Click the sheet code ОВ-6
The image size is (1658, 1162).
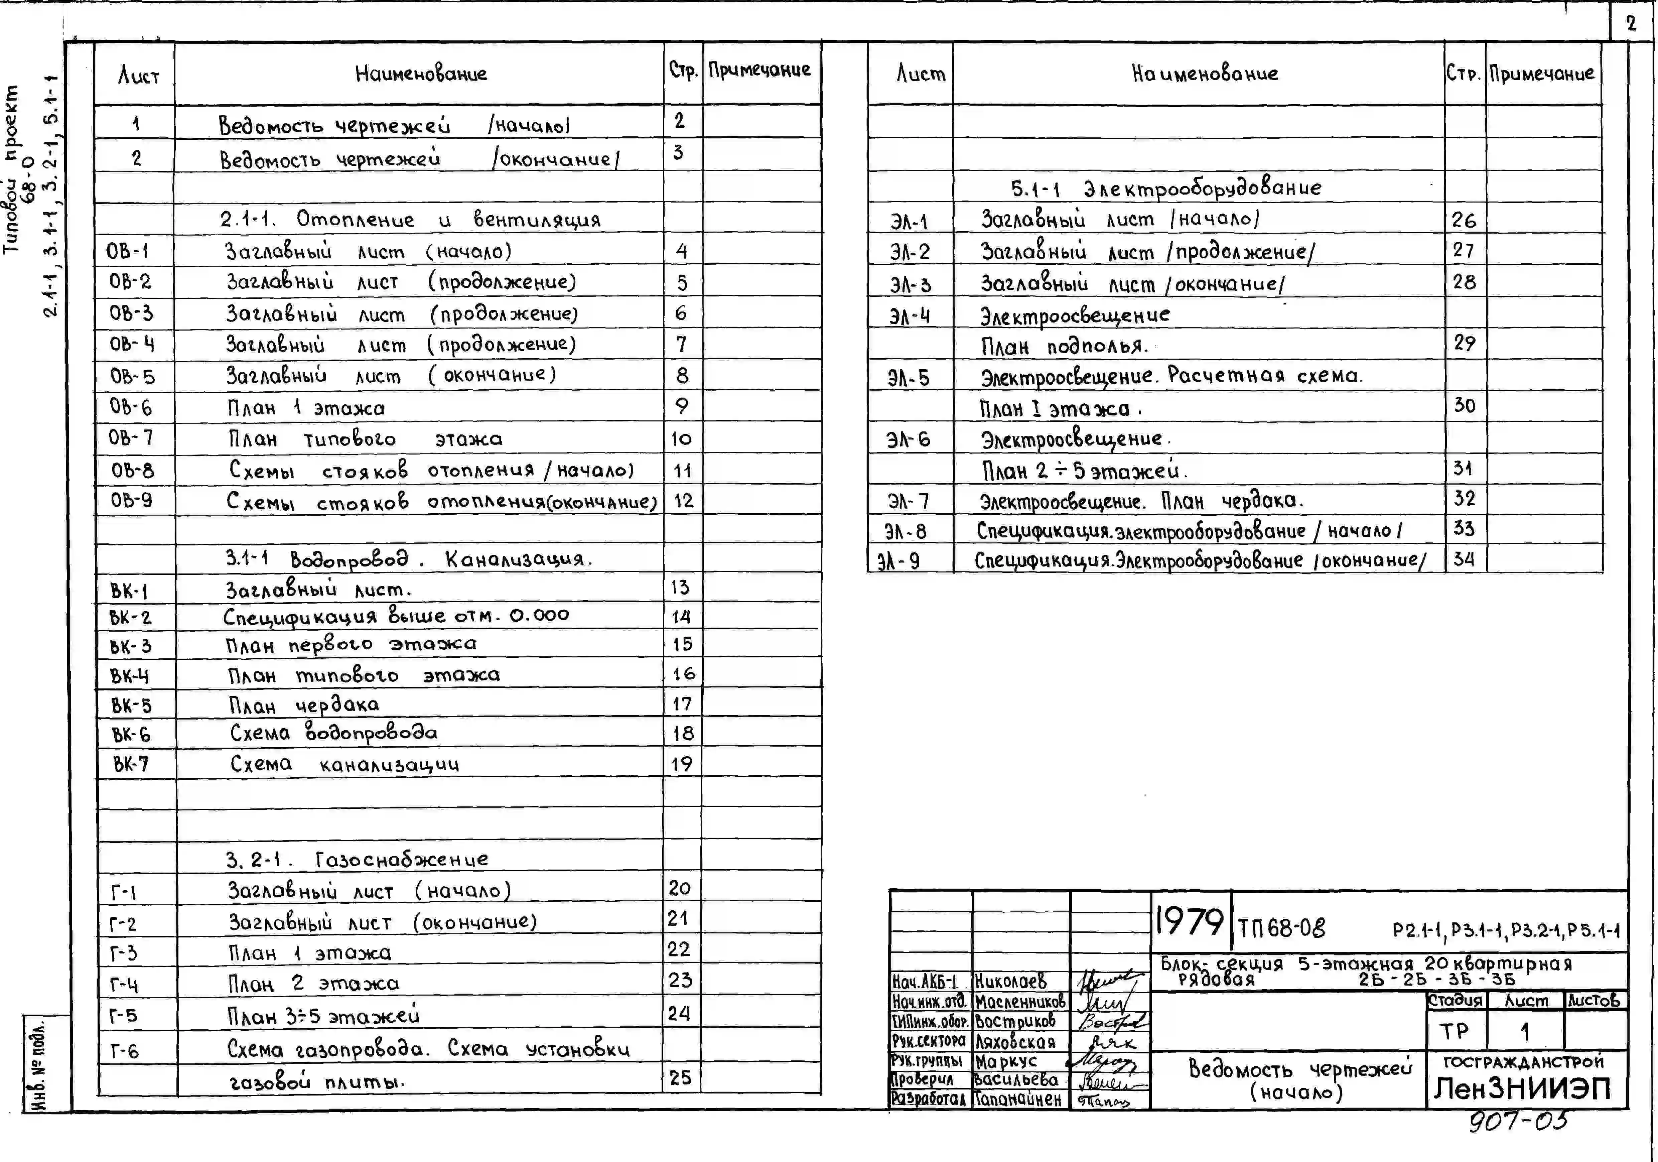131,407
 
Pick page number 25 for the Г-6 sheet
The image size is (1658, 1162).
680,1077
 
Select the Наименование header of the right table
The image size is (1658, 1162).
1205,73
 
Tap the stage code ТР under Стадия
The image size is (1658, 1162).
1455,1031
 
